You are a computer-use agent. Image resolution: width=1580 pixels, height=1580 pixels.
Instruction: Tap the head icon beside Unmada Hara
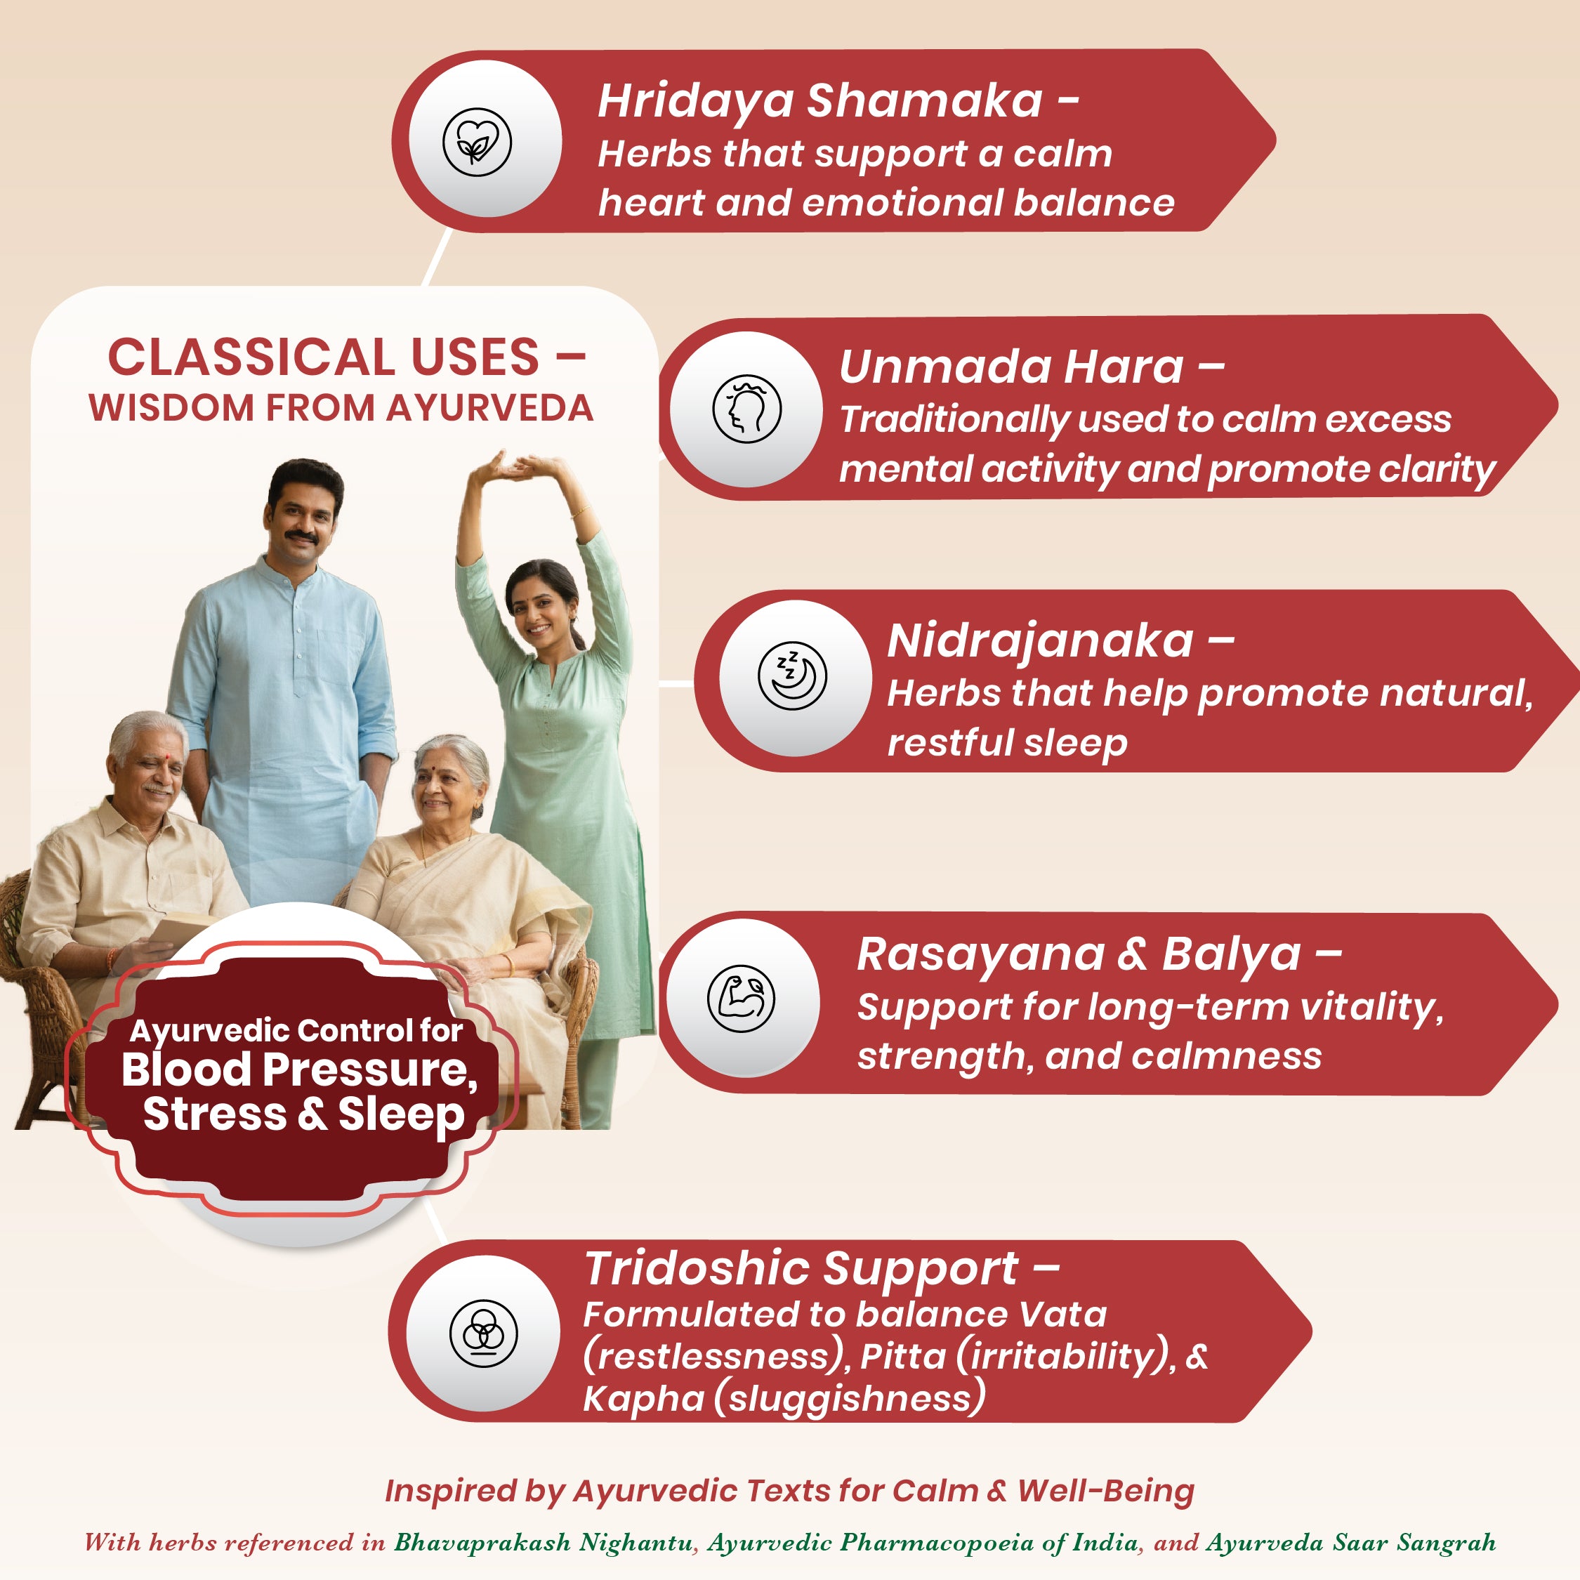[x=746, y=409]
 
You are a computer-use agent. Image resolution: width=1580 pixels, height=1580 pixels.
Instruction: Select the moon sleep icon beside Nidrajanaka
[x=792, y=676]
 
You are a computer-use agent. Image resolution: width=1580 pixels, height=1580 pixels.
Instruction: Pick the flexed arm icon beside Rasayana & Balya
[x=741, y=998]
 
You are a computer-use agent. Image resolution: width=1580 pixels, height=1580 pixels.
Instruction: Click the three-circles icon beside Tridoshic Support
[x=483, y=1334]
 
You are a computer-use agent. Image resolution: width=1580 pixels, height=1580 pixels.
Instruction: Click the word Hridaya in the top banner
[x=697, y=103]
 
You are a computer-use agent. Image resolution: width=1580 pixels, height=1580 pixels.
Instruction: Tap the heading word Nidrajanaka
[x=1040, y=640]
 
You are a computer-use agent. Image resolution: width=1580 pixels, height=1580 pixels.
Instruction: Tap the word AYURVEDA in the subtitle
[x=489, y=408]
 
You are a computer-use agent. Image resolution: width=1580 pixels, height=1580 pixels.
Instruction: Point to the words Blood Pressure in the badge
[x=299, y=1069]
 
